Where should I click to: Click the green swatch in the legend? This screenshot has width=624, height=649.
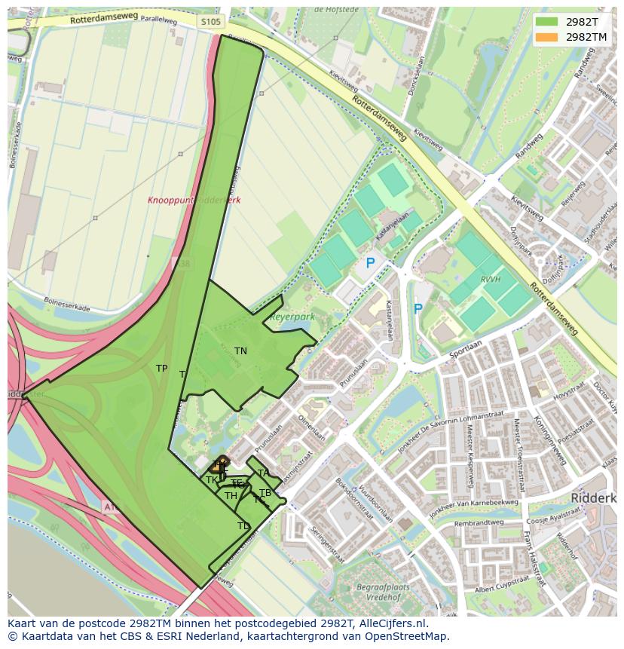point(547,22)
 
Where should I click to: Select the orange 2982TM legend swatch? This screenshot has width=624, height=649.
point(547,37)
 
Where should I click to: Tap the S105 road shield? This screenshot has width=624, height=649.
point(211,22)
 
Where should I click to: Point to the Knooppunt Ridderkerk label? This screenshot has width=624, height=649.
point(194,201)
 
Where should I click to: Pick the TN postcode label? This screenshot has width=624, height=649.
point(240,351)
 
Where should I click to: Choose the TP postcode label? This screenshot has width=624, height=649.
point(161,369)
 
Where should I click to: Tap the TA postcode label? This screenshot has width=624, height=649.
point(263,473)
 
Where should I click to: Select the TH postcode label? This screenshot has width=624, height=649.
point(231,495)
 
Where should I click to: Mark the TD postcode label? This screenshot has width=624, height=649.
point(243,526)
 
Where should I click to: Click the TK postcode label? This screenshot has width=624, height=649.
point(211,480)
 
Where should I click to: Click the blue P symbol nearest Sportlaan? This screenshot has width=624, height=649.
point(418,309)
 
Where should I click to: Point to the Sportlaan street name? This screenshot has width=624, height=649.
point(463,349)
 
